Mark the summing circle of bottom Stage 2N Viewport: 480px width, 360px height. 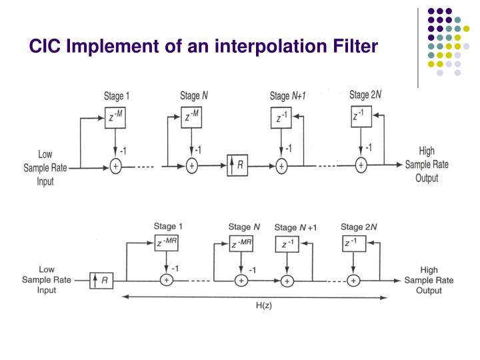coord(353,281)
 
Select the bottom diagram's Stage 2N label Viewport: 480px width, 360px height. coord(361,227)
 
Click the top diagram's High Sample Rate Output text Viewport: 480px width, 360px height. coord(426,165)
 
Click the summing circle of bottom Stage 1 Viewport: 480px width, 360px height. coord(167,281)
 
